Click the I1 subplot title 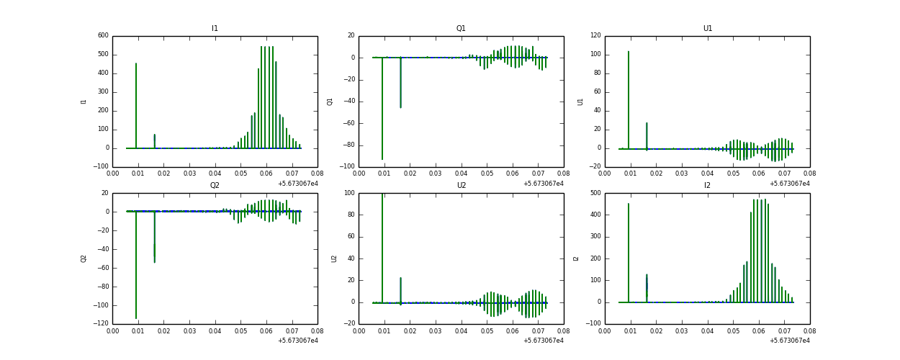[215, 29]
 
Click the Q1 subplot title [461, 29]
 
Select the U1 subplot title [707, 29]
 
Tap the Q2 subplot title [215, 186]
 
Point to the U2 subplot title [461, 186]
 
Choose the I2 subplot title [707, 186]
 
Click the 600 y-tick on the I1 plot [103, 36]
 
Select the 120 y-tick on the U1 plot [595, 36]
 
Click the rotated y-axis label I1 [84, 102]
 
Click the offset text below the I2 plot [789, 341]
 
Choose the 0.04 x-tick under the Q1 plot [462, 174]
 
